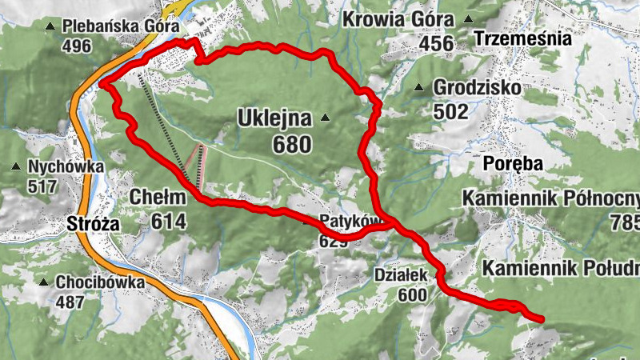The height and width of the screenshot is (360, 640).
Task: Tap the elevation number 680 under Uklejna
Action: click(291, 145)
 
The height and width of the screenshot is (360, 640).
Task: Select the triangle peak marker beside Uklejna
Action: click(325, 118)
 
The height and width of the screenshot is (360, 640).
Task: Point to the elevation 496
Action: click(76, 46)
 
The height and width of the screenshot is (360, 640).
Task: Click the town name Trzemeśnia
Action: click(522, 38)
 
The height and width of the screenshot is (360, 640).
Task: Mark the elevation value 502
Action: click(451, 111)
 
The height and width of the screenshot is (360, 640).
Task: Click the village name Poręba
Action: click(514, 164)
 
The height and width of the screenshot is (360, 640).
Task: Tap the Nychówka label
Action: click(66, 167)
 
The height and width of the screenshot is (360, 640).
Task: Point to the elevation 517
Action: click(42, 187)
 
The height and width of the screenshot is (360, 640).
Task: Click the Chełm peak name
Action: click(157, 197)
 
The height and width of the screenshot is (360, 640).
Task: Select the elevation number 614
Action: click(167, 221)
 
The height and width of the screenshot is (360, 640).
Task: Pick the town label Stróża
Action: click(93, 224)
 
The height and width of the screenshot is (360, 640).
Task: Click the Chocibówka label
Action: click(100, 282)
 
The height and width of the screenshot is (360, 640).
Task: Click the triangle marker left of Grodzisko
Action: click(419, 87)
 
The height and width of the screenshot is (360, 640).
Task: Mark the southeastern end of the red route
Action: click(542, 319)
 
